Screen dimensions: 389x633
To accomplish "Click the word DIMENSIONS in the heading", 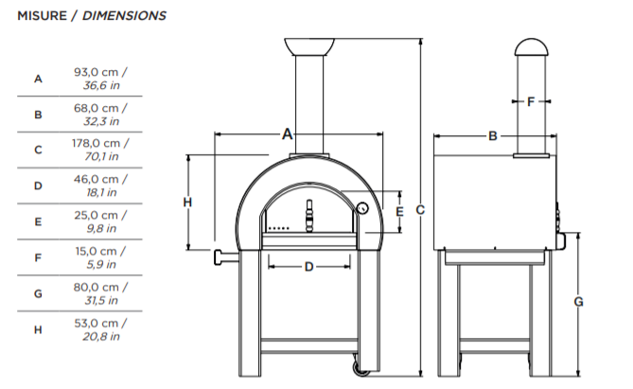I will tap(125, 16).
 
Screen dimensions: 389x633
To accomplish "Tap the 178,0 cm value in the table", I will tap(101, 144).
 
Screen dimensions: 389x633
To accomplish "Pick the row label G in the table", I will tap(38, 293).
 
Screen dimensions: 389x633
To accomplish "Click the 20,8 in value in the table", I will tap(100, 336).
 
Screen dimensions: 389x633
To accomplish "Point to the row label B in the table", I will tap(38, 115).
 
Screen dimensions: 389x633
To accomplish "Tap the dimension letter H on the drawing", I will tap(187, 202).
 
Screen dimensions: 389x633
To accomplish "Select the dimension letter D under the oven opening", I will tap(308, 267).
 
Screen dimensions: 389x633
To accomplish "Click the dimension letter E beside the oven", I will tap(399, 213).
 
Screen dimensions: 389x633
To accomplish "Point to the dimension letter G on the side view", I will tap(578, 302).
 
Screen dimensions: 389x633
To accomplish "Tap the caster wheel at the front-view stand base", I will tap(357, 367).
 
